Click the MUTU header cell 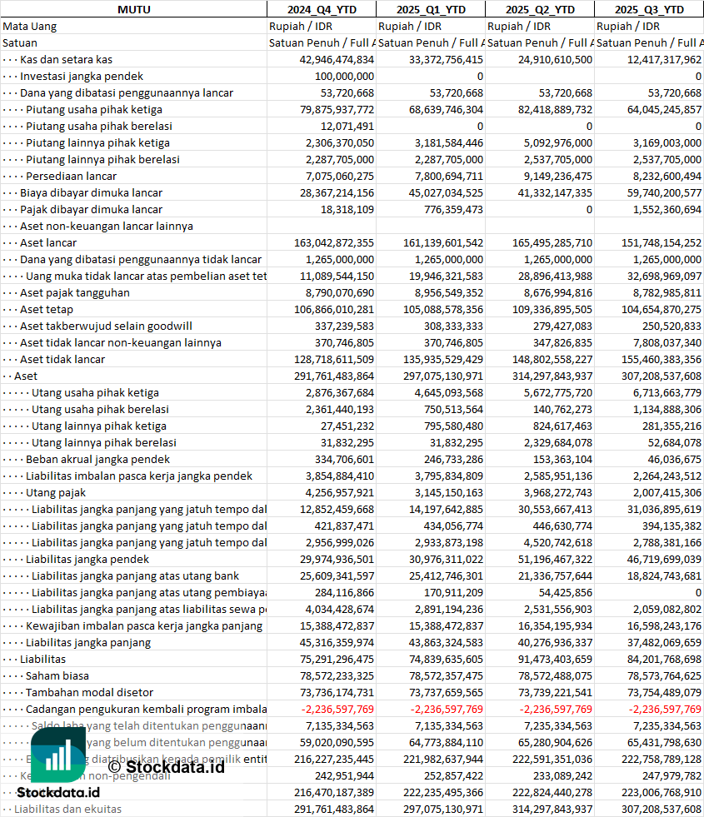[x=133, y=9]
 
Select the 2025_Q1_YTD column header [x=430, y=9]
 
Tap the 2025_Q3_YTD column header [x=649, y=9]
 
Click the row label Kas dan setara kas [x=66, y=59]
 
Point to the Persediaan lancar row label [x=71, y=176]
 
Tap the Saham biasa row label [x=57, y=675]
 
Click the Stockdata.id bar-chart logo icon [x=57, y=755]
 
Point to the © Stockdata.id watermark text [x=167, y=766]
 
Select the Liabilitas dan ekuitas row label [x=67, y=809]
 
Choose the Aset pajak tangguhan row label [x=74, y=292]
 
